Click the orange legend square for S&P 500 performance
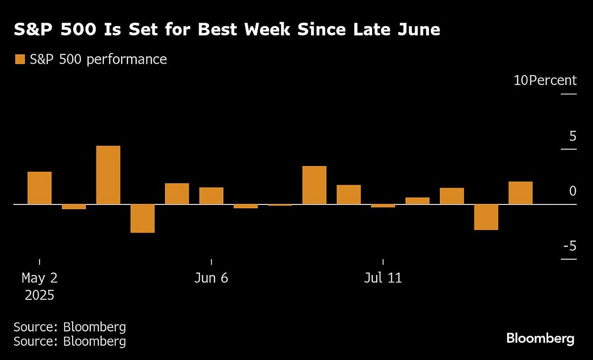pyautogui.click(x=20, y=60)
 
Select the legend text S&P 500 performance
pyautogui.click(x=98, y=60)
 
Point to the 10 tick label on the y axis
pyautogui.click(x=521, y=80)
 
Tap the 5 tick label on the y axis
pyautogui.click(x=572, y=136)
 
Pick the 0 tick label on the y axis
pyautogui.click(x=572, y=191)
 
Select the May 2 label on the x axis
pyautogui.click(x=40, y=278)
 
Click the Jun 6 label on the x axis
pyautogui.click(x=211, y=278)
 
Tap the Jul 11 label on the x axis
pyautogui.click(x=383, y=278)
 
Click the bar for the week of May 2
pyautogui.click(x=40, y=188)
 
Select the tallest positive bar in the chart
pyautogui.click(x=108, y=175)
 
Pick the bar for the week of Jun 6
pyautogui.click(x=211, y=196)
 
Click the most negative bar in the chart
pyautogui.click(x=142, y=218)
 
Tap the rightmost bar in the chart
pyautogui.click(x=520, y=193)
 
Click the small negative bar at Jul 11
pyautogui.click(x=383, y=206)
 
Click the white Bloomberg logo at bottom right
pyautogui.click(x=540, y=339)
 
